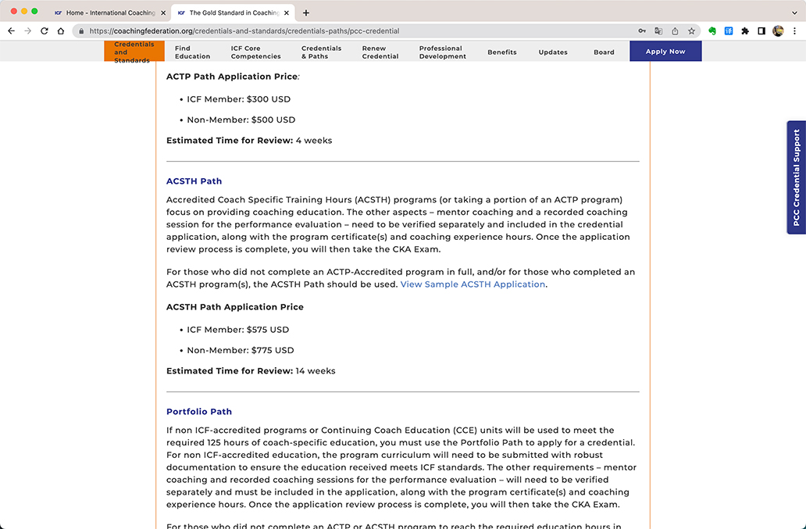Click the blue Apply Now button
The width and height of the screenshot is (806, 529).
click(665, 52)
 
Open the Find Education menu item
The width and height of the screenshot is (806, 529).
click(192, 52)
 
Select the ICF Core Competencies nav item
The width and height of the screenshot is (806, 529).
click(255, 52)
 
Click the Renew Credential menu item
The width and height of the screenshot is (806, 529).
click(380, 52)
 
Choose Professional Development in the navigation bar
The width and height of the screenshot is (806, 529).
click(442, 52)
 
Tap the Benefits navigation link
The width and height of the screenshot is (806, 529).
click(502, 52)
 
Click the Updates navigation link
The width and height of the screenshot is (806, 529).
click(553, 52)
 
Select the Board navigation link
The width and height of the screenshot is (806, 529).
click(604, 52)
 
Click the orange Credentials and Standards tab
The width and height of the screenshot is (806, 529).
click(134, 52)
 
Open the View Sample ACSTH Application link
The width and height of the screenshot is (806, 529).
click(473, 284)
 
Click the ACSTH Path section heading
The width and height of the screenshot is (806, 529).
click(194, 181)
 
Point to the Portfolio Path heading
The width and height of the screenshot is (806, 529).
click(199, 412)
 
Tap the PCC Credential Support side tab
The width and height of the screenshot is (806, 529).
click(797, 177)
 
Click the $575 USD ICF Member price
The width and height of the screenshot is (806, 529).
click(268, 330)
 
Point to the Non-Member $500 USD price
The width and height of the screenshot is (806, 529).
click(273, 120)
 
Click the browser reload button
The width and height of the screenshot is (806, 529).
click(45, 31)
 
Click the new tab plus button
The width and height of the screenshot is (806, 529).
click(306, 13)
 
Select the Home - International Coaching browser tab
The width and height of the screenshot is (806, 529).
click(109, 13)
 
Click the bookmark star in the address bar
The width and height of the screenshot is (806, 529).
click(691, 31)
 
